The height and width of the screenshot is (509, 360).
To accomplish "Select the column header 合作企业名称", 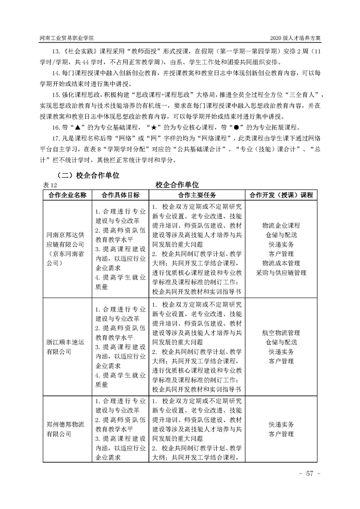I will [65, 195].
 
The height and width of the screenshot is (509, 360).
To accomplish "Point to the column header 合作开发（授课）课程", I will [281, 195].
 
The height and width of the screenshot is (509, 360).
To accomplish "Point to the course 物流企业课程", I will [281, 225].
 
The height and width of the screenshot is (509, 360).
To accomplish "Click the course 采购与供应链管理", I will [281, 273].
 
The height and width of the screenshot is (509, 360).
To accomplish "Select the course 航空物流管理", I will [281, 333].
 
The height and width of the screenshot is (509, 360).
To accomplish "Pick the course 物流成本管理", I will [281, 263].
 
